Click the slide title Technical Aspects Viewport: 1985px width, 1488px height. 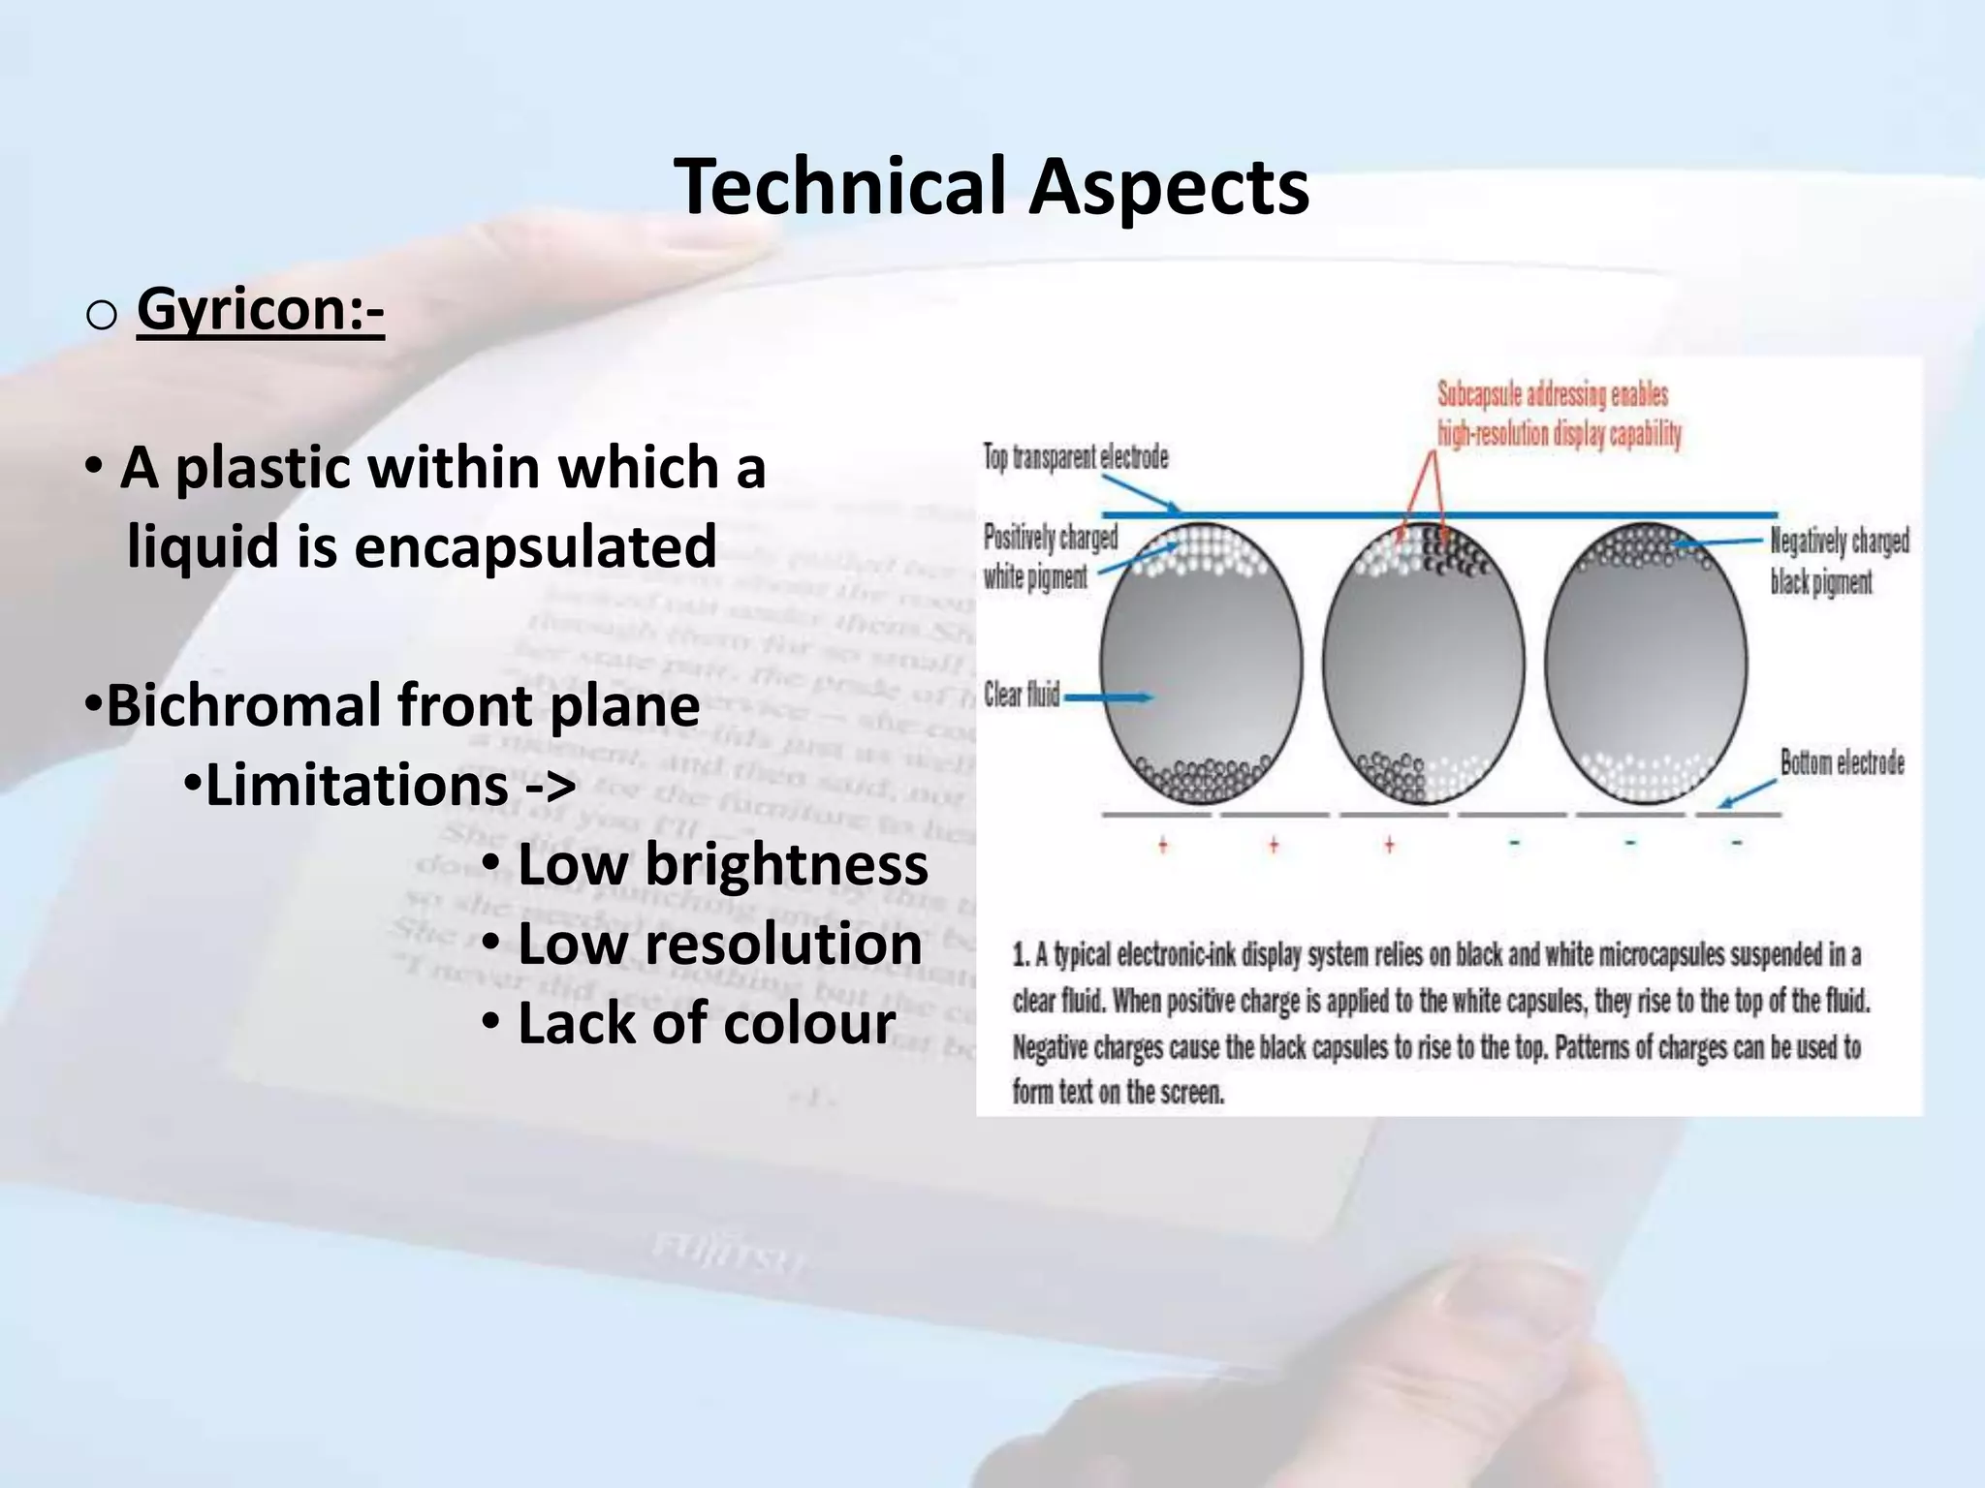coord(991,186)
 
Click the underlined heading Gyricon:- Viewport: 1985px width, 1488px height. coord(260,310)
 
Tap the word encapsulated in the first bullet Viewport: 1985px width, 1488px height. coord(535,545)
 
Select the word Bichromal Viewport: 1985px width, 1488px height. coord(243,704)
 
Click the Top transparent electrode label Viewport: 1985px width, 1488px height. coord(1076,457)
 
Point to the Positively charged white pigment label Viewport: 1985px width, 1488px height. coord(1049,557)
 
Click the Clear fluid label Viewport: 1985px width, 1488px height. coord(1022,694)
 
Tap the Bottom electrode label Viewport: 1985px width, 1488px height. coord(1842,762)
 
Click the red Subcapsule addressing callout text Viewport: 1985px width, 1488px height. coord(1558,414)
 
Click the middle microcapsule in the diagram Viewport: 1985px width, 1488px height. coord(1423,664)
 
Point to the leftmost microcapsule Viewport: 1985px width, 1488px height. coord(1200,664)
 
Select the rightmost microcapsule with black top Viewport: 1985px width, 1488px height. coord(1646,664)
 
